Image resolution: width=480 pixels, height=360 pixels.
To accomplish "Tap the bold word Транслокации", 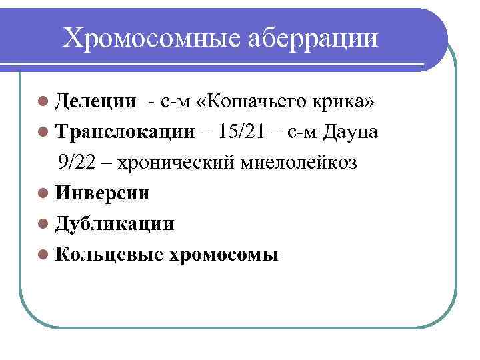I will point(125,132).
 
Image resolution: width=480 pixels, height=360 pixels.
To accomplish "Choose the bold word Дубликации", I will point(115,223).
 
